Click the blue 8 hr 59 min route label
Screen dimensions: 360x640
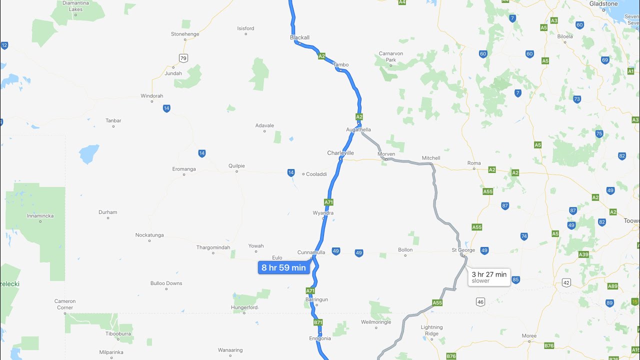283,267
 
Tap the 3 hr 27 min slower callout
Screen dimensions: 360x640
489,277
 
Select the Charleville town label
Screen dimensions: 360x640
340,152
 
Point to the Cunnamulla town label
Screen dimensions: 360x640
311,252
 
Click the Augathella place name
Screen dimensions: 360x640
358,129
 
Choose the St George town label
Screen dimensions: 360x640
463,249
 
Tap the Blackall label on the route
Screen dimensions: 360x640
300,37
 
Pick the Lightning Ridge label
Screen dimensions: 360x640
431,330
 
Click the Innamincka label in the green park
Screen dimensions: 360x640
40,215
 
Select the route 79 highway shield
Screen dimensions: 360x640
183,58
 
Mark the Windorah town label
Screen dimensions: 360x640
152,95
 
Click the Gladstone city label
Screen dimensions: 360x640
603,3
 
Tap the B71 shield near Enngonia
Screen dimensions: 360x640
318,322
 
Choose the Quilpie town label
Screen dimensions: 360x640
236,165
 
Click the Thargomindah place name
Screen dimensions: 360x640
213,247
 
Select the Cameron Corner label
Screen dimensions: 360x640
65,304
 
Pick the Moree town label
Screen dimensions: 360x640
529,335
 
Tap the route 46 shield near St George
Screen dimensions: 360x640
480,301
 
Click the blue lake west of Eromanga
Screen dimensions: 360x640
88,153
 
